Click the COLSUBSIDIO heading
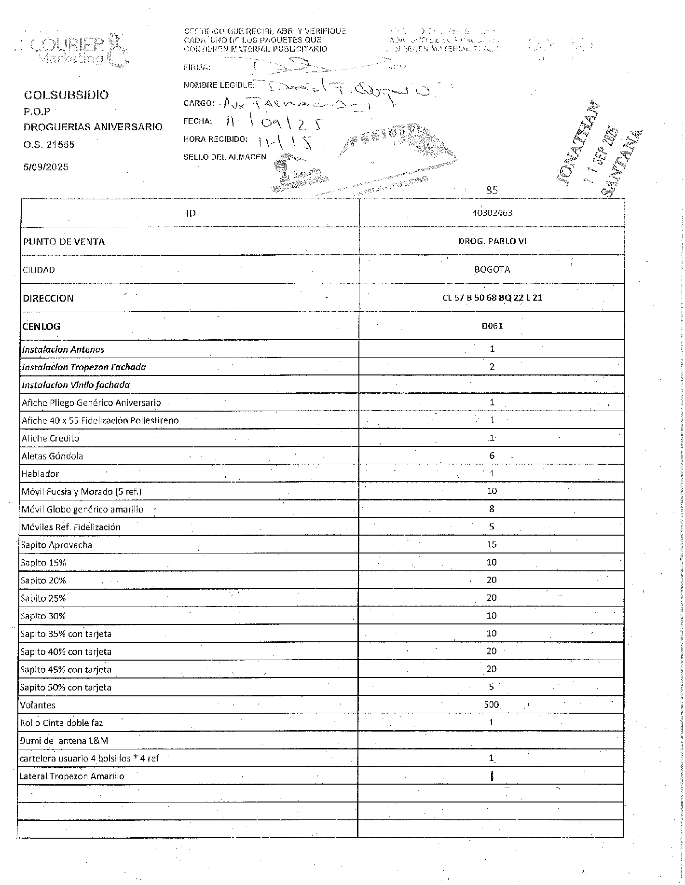[x=66, y=95]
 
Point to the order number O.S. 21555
[x=49, y=144]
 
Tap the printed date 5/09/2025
[x=46, y=167]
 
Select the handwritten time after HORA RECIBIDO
[x=284, y=141]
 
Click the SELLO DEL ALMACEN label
[x=224, y=157]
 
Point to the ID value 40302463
[x=492, y=213]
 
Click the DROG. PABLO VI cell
[x=492, y=241]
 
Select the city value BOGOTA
[x=492, y=269]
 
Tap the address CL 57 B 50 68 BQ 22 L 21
[x=492, y=298]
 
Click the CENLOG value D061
[x=492, y=326]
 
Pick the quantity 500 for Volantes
[x=491, y=705]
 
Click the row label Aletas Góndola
[x=52, y=456]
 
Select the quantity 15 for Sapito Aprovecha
[x=492, y=544]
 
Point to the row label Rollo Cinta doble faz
[x=61, y=723]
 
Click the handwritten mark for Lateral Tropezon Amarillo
[x=492, y=776]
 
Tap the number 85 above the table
[x=492, y=190]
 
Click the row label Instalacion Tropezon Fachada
[x=84, y=367]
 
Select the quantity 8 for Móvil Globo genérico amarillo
[x=492, y=509]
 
